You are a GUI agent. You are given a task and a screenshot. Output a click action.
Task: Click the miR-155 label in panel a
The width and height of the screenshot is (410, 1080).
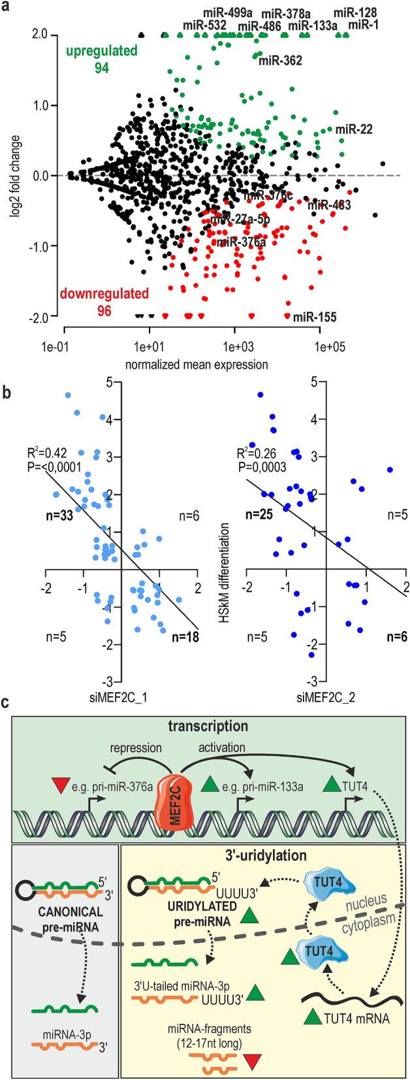(315, 318)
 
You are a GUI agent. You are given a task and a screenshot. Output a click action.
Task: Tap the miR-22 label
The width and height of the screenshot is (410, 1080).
(355, 129)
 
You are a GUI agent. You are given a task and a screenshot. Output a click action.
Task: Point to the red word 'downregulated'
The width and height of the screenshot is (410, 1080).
(104, 293)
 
